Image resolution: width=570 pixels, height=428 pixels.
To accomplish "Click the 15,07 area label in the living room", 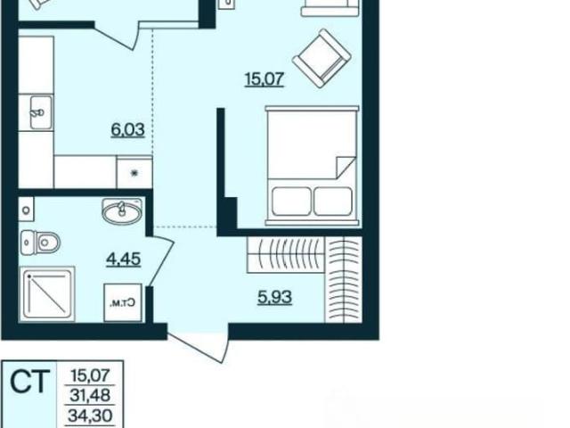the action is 265,79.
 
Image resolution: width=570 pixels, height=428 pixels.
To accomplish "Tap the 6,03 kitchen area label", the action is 127,130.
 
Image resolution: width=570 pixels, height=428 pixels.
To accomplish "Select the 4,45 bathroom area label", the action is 123,259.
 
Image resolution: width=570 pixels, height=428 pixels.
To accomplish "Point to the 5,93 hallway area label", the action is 274,297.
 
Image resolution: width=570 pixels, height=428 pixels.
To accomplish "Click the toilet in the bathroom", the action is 40,243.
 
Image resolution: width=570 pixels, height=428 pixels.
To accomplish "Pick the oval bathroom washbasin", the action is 122,210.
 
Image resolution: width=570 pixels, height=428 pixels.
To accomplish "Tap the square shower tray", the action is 47,294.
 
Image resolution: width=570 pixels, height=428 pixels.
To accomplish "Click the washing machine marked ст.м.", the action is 123,302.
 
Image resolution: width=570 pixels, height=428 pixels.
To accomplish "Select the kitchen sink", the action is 41,112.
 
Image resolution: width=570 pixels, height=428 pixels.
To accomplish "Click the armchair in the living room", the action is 322,58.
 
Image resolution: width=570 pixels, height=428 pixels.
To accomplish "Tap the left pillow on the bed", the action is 292,202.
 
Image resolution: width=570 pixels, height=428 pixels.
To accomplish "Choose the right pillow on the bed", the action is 333,202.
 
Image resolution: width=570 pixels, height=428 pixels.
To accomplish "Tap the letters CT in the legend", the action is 29,382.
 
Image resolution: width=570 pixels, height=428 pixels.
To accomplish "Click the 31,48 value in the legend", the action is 90,395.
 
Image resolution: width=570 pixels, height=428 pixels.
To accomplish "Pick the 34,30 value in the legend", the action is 90,415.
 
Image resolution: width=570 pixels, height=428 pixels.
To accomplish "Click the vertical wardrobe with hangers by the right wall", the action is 344,279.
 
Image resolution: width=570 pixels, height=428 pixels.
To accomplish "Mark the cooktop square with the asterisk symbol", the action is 134,172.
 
